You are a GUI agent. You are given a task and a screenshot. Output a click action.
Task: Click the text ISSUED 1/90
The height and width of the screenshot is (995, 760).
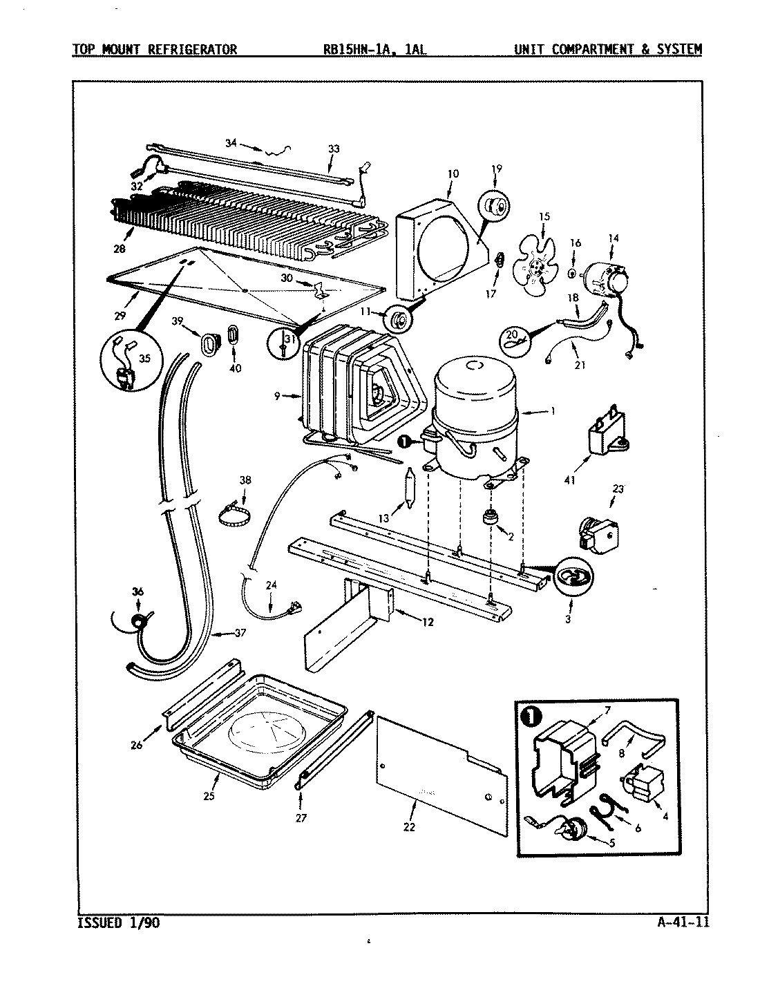tap(116, 922)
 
